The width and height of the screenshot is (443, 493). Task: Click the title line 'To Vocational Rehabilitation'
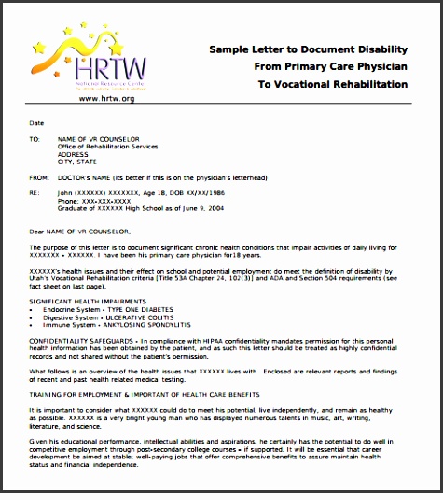333,84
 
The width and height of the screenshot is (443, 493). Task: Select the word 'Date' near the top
36,122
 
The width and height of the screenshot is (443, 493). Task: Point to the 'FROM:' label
39,176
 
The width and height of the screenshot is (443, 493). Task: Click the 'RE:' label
35,192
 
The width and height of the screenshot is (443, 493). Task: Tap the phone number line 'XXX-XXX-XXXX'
94,201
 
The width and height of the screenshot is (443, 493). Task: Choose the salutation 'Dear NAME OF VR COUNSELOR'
81,230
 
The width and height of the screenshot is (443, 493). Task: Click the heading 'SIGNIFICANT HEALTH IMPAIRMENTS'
89,301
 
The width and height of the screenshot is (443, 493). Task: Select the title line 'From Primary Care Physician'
330,66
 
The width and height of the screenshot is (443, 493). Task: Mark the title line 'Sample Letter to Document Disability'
308,49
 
